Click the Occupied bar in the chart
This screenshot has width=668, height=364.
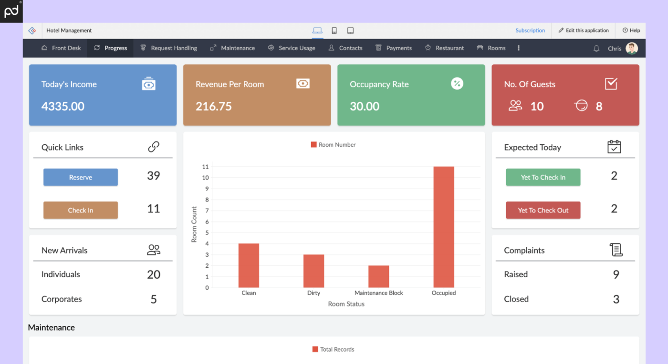coord(444,227)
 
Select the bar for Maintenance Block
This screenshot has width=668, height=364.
coord(378,276)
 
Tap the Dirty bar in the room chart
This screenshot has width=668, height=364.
coord(313,271)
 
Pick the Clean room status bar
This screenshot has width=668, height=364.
coord(249,265)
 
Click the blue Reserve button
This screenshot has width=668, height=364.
coord(81,177)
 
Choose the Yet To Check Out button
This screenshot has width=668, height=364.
coord(543,210)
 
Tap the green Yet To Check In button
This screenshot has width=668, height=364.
coord(543,177)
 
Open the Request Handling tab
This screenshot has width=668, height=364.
coord(169,48)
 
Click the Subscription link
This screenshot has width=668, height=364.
coord(530,30)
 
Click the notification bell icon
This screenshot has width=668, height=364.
coord(596,49)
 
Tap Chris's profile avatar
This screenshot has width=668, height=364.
coord(632,48)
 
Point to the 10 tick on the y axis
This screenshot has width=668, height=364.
coord(206,178)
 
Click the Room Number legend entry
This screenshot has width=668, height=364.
coord(334,145)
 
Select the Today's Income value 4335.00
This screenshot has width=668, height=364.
coord(63,106)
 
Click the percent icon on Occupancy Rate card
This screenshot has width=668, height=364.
coord(457,84)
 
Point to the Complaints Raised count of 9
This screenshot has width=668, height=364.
coord(616,274)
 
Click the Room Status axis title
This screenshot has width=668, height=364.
coord(346,304)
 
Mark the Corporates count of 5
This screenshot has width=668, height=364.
coord(154,299)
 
